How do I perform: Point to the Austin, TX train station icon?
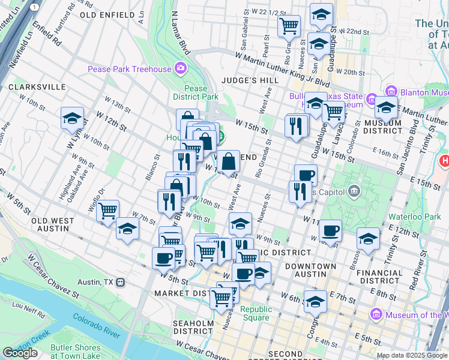[x=121, y=282]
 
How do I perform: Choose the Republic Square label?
[x=256, y=314]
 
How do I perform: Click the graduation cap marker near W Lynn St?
[x=72, y=119]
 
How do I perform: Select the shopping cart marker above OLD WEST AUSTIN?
[x=107, y=211]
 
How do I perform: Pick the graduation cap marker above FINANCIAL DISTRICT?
[x=368, y=238]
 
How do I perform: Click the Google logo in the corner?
[x=20, y=353]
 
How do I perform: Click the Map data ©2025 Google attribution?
[x=412, y=355]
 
